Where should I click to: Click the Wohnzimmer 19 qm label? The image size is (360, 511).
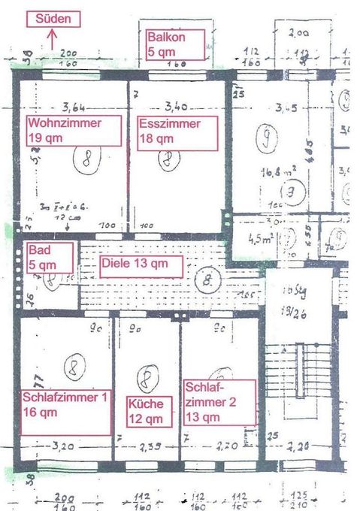pyautogui.click(x=73, y=131)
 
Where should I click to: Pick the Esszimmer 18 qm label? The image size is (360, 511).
pyautogui.click(x=177, y=131)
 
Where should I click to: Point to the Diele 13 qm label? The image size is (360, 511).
pyautogui.click(x=141, y=265)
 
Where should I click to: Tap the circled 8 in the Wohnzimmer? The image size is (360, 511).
pyautogui.click(x=87, y=159)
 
